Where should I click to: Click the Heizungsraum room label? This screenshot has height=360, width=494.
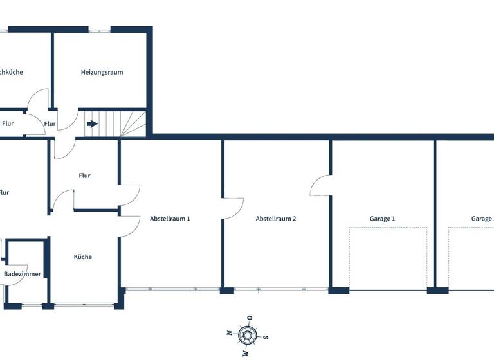tap(102, 72)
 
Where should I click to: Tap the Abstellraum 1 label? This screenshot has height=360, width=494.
tap(170, 219)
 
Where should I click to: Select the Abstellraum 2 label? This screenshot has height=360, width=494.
tap(276, 219)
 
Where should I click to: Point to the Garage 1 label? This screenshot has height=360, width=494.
tap(382, 219)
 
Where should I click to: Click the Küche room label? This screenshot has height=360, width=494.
tap(82, 256)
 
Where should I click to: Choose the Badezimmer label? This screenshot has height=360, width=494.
tap(23, 274)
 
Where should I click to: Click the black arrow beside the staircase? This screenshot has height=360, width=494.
tap(93, 123)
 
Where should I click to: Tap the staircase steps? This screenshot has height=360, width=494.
tap(122, 123)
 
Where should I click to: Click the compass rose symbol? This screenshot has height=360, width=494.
tap(247, 335)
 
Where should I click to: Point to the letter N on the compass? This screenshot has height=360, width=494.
tap(229, 332)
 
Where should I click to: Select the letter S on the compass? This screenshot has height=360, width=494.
tap(266, 337)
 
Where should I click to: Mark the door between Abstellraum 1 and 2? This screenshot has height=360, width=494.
tap(233, 208)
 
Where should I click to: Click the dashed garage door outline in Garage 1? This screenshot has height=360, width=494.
tap(388, 256)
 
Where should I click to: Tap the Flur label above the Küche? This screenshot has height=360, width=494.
tap(84, 175)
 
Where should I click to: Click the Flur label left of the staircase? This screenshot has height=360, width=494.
tap(50, 124)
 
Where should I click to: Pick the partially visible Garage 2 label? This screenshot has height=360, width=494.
tap(482, 219)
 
